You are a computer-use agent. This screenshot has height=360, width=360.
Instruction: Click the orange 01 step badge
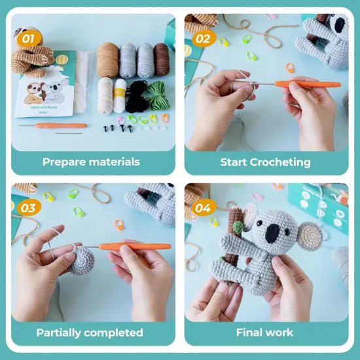click(27, 39)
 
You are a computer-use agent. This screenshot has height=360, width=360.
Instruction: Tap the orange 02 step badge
click(203, 39)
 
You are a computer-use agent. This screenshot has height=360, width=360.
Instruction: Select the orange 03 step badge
click(27, 208)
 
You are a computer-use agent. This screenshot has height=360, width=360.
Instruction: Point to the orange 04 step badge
click(203, 208)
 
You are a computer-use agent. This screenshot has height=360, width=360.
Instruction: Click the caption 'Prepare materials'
click(91, 161)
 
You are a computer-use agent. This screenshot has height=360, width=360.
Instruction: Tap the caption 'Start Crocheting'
click(265, 162)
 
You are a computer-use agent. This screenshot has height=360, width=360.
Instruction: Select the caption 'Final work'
click(264, 333)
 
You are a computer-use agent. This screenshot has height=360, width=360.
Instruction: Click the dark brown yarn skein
click(162, 59)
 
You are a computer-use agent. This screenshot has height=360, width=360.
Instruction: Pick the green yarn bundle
click(157, 96)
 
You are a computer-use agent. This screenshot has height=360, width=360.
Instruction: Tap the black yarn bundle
click(137, 97)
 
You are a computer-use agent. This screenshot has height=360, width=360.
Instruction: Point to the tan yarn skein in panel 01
click(108, 59)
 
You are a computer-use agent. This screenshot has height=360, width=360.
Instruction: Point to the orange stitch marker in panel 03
click(119, 225)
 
